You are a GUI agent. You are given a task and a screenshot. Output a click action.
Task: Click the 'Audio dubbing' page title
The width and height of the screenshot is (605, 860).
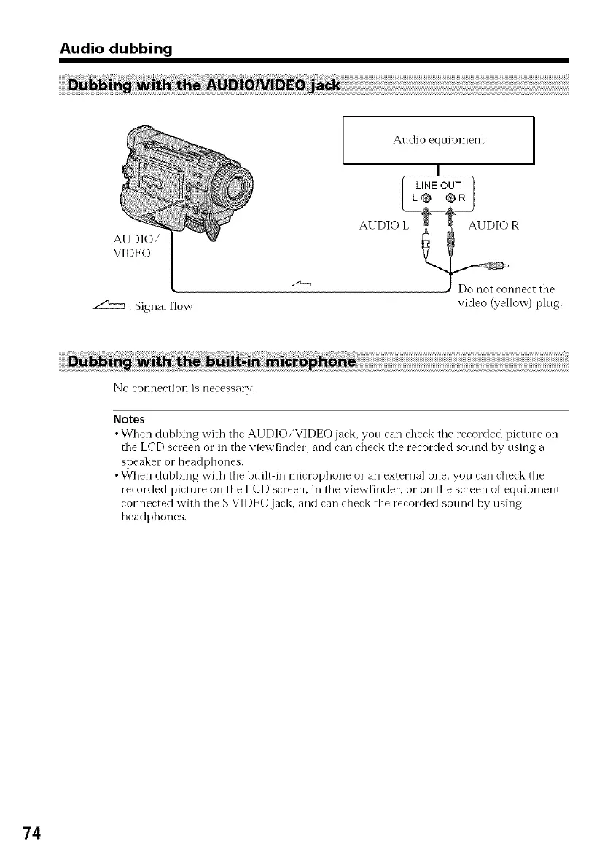116,50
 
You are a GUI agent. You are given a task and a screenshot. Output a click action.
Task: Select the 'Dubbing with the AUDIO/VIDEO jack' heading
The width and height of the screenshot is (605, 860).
203,86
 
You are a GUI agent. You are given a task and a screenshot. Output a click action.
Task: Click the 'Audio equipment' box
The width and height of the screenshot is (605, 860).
438,141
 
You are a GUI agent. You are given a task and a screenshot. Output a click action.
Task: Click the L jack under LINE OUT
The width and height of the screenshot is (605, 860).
427,198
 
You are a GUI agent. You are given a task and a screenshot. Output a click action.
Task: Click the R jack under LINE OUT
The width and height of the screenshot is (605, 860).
450,198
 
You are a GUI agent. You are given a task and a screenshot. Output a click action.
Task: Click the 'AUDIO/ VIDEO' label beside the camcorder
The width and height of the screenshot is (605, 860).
132,246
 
